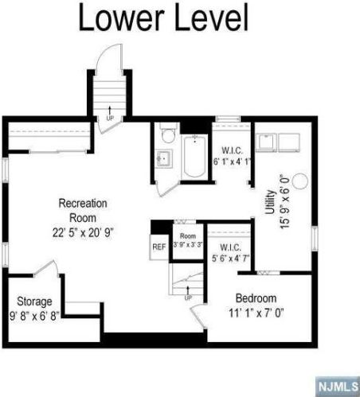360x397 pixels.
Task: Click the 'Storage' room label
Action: click(x=34, y=302)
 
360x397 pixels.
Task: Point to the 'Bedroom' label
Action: click(x=256, y=298)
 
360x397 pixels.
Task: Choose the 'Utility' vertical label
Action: click(x=270, y=203)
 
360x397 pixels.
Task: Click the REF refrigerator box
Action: click(x=158, y=247)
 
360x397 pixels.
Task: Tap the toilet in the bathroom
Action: click(x=165, y=132)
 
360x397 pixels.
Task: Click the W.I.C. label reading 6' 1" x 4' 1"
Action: click(x=232, y=155)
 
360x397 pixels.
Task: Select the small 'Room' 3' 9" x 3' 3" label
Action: click(x=187, y=240)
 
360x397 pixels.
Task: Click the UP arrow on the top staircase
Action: click(x=108, y=114)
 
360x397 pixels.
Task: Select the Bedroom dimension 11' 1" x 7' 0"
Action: click(x=256, y=313)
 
